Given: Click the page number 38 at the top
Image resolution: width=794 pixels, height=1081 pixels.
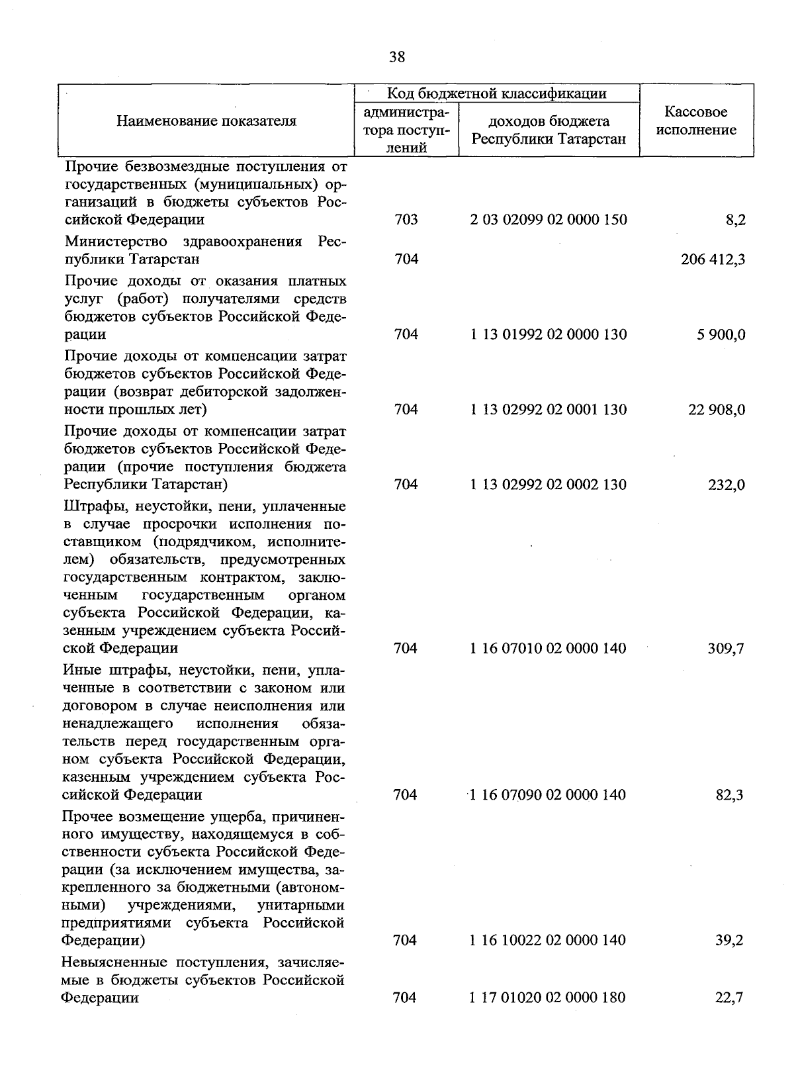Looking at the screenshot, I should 397,57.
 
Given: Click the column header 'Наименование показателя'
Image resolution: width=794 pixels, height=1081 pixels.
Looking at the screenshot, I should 206,120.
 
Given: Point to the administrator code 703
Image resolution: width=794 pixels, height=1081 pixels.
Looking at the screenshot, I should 406,219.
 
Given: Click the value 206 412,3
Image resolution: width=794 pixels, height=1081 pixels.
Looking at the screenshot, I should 713,259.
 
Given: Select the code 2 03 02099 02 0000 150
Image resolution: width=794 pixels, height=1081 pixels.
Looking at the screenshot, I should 549,219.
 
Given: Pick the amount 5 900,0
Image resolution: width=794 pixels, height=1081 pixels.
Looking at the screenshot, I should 720,334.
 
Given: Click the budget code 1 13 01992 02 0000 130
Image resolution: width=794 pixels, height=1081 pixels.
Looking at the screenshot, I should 549,334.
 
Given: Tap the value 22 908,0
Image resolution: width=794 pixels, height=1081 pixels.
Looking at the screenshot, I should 716,410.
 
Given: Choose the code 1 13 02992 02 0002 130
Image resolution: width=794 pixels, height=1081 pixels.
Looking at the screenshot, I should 549,485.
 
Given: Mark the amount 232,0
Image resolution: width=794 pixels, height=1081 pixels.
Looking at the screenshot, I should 727,485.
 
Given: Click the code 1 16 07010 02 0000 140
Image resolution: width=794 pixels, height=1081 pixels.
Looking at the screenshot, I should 548,648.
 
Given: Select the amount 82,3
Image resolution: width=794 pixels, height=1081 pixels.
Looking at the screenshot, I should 729,794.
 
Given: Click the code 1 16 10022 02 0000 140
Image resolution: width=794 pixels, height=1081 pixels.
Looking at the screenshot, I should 548,940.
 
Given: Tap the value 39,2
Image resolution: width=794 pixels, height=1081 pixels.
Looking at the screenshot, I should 729,940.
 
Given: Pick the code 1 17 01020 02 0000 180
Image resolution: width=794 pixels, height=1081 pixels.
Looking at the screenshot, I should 548,997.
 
